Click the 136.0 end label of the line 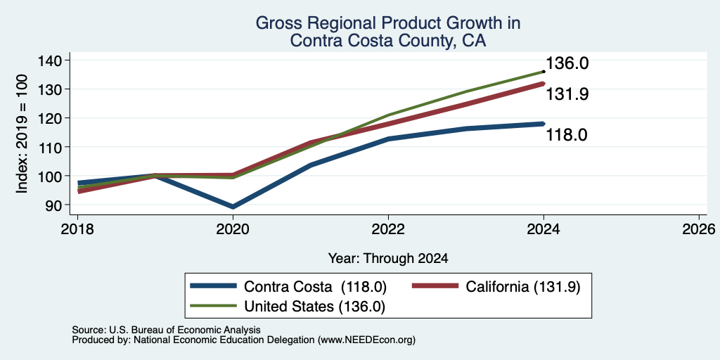coord(567,63)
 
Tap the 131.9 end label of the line coord(567,94)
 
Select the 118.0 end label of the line coord(567,135)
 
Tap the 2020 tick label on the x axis coord(233,229)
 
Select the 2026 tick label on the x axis coord(699,229)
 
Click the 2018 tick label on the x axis coord(77,229)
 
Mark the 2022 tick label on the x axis coord(388,229)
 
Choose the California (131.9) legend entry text coord(523,287)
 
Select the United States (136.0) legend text coord(314,307)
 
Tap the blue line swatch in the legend coord(214,286)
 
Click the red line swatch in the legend coord(435,286)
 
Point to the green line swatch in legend coord(214,305)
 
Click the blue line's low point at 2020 coord(233,207)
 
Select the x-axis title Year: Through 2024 coord(388,259)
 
